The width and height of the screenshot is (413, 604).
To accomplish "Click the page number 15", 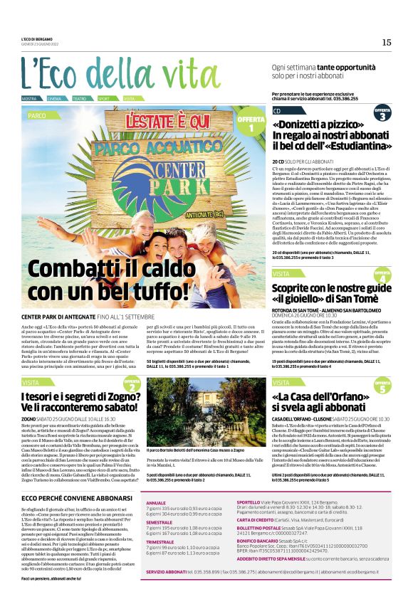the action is pyautogui.click(x=386, y=43).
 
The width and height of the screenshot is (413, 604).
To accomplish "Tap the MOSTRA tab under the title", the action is pyautogui.click(x=29, y=98).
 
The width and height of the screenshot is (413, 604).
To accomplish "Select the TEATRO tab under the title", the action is pyautogui.click(x=80, y=98).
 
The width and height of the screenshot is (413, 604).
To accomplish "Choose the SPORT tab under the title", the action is pyautogui.click(x=104, y=98).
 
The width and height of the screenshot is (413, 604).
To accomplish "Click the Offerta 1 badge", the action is pyautogui.click(x=251, y=124).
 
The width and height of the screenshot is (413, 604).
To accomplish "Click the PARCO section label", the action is pyautogui.click(x=37, y=115).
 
